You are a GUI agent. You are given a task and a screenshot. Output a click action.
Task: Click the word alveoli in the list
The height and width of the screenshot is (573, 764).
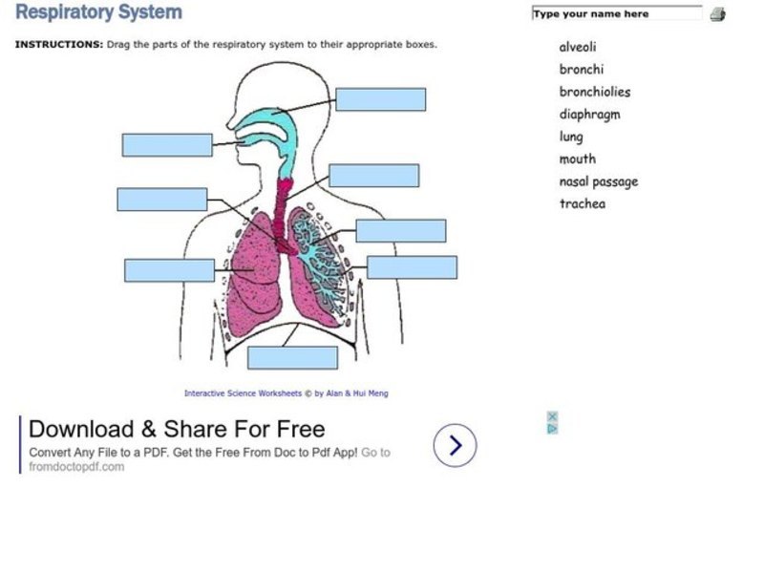(578, 47)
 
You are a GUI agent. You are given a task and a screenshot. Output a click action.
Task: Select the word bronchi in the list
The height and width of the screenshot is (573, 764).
(582, 69)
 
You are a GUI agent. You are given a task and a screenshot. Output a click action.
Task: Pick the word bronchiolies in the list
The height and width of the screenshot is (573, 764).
(595, 92)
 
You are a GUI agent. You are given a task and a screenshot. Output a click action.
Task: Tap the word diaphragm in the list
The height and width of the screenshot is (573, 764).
(589, 115)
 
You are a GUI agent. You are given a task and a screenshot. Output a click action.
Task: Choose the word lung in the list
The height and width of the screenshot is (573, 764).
(571, 137)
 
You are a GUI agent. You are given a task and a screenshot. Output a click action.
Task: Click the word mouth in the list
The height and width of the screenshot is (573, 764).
(577, 159)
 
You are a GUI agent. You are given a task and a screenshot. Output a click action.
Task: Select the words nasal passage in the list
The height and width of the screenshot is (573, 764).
(599, 181)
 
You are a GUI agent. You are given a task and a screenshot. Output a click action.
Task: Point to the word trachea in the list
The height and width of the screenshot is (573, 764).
(583, 203)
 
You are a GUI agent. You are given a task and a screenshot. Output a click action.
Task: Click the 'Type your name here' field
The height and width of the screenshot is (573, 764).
(617, 14)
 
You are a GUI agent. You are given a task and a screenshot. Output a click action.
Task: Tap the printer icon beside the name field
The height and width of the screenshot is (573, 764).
(717, 14)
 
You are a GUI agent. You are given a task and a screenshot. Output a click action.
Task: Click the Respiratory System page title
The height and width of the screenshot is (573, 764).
(98, 12)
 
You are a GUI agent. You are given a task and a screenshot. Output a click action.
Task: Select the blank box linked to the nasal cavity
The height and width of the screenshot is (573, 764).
(380, 99)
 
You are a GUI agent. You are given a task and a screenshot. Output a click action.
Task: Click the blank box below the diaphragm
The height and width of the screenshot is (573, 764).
(292, 357)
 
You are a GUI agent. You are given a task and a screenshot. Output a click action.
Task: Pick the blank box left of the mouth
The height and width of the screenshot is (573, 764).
(167, 145)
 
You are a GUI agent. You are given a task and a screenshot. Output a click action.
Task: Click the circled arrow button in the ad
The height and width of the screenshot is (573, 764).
(455, 445)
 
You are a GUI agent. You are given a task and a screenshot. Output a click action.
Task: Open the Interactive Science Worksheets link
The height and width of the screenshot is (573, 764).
(243, 393)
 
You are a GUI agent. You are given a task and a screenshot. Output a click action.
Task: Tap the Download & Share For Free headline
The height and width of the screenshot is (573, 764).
(177, 429)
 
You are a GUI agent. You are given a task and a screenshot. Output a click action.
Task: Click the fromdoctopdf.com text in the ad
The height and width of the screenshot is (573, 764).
(76, 467)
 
